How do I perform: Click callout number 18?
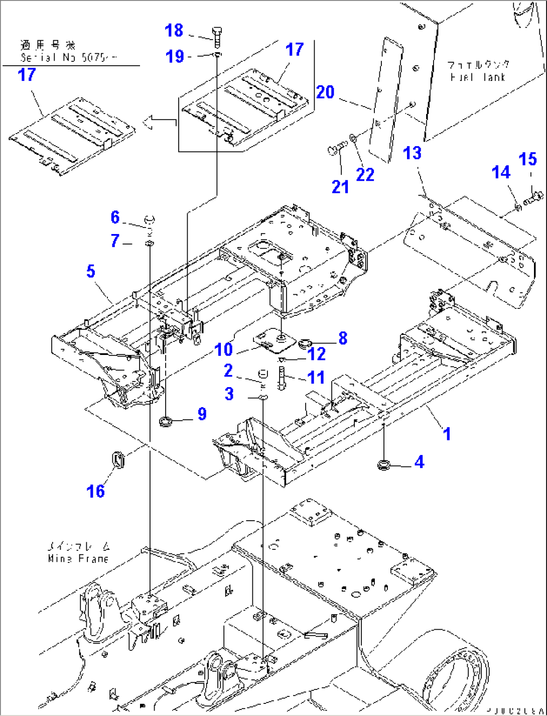[174, 31]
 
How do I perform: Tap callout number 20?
[325, 92]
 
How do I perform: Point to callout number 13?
[413, 153]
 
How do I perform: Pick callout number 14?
[501, 173]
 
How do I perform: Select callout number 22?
[365, 175]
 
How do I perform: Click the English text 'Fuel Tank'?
[477, 77]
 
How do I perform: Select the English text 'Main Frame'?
[78, 558]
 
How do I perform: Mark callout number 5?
[90, 272]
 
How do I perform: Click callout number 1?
[447, 433]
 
